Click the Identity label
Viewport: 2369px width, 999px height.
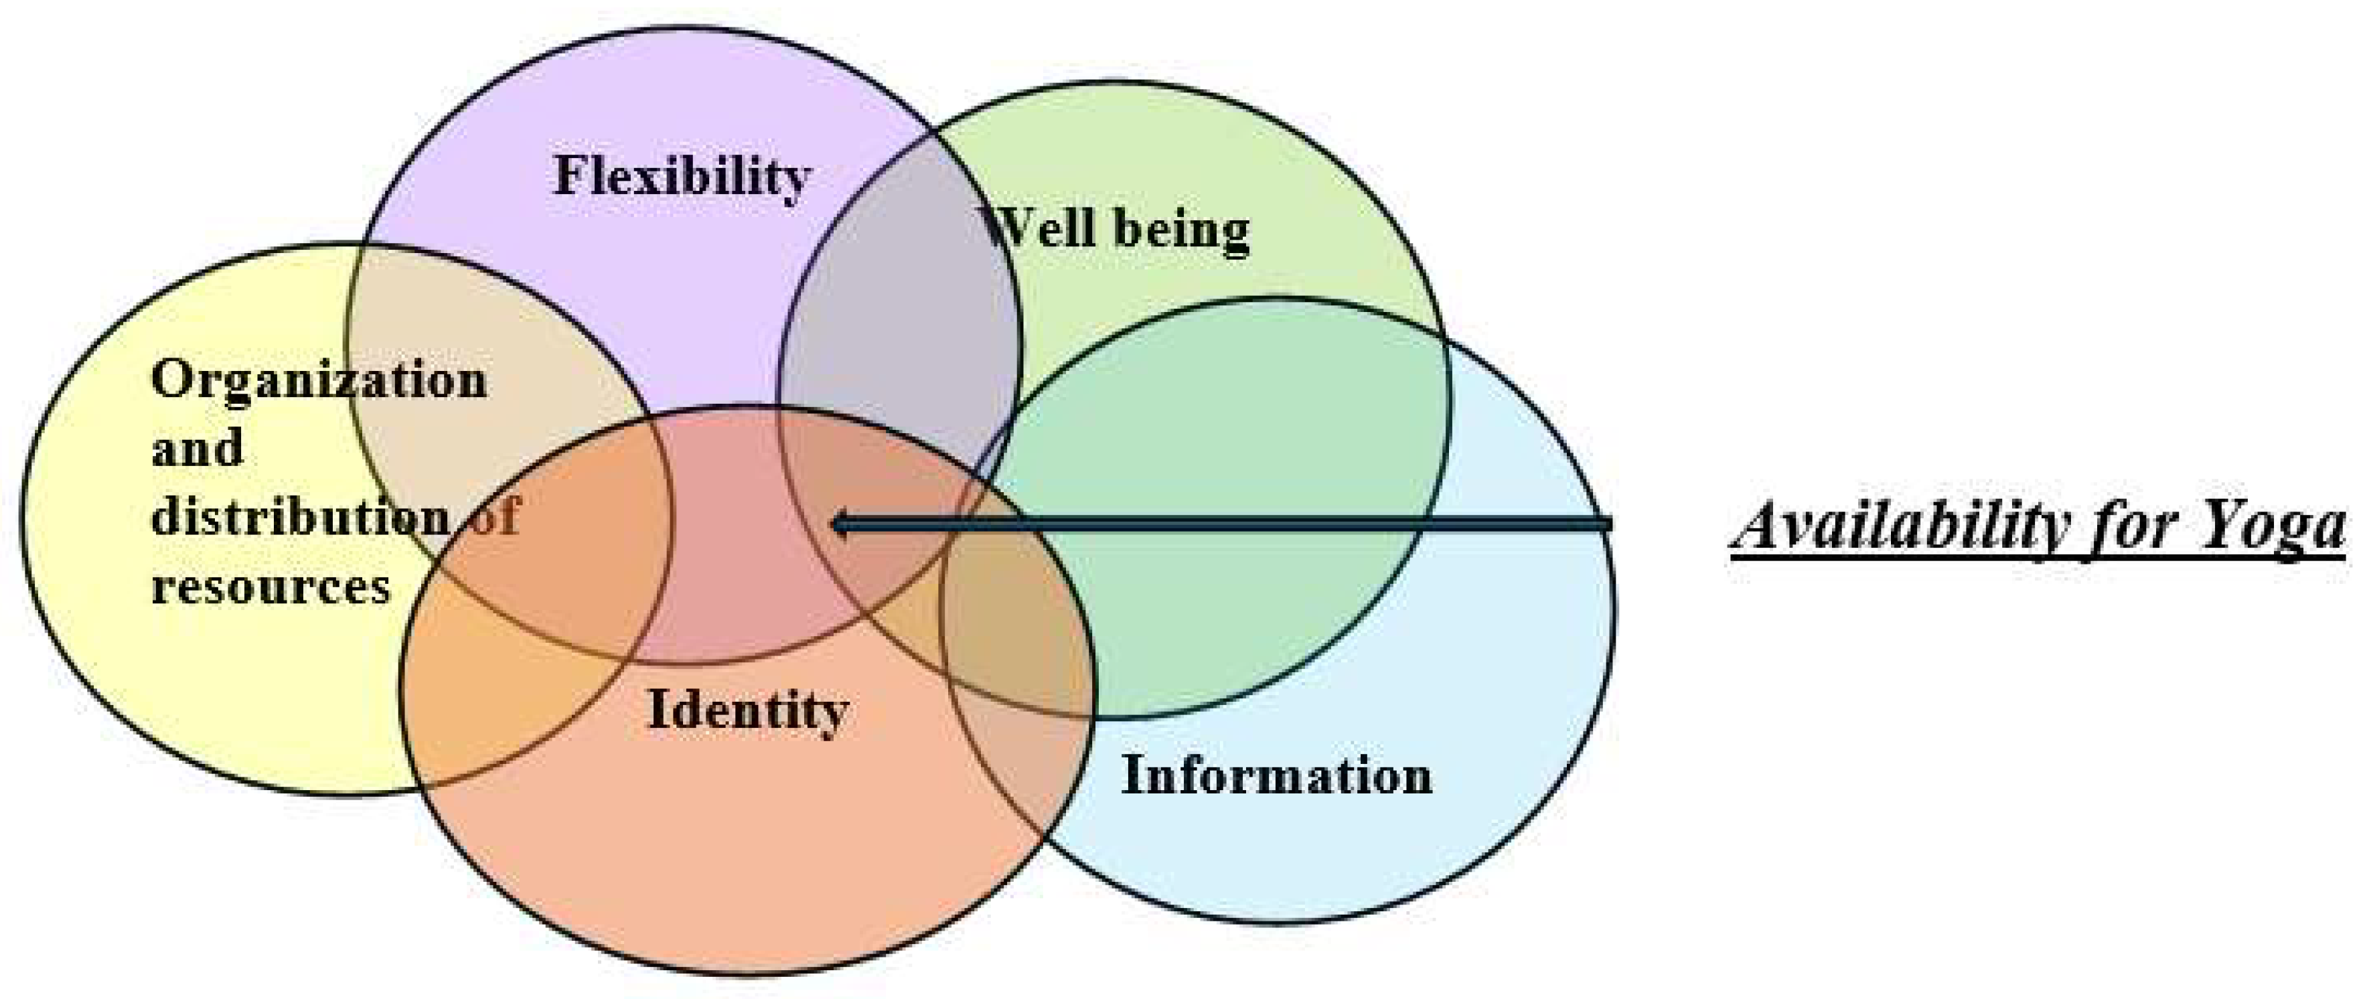coord(747,710)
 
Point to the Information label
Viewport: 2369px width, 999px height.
coord(1276,775)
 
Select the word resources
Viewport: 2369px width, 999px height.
coord(271,586)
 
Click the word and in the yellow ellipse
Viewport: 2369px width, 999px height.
coord(197,449)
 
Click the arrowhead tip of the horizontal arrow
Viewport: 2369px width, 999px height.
coord(833,525)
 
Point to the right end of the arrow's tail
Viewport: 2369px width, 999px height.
coord(1610,524)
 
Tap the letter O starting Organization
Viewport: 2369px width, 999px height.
coord(171,380)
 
